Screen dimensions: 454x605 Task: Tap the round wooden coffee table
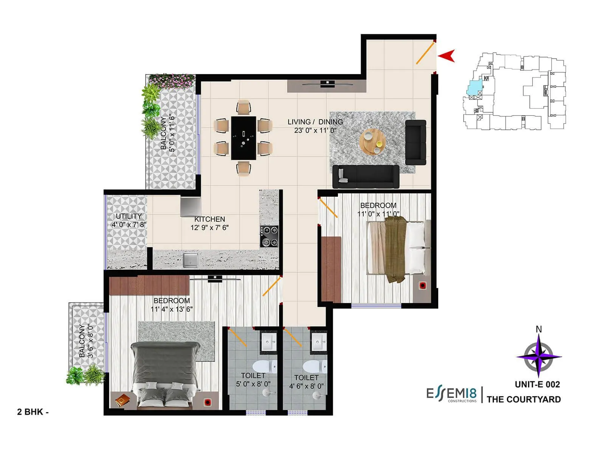coord(373,142)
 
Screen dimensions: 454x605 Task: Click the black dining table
coord(244,138)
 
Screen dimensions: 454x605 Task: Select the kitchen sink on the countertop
coord(190,260)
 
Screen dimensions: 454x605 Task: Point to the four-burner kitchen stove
coord(269,236)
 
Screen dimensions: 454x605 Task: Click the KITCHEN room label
coord(209,219)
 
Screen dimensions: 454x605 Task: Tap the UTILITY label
coord(129,216)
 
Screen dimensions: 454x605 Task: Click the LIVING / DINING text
coord(315,122)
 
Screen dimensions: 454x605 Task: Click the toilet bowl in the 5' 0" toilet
coord(260,367)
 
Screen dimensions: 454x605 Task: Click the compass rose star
coord(538,356)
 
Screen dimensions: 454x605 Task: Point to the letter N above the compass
coord(539,329)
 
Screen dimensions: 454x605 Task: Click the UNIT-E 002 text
coord(537,384)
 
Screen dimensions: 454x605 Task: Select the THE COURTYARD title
coord(524,399)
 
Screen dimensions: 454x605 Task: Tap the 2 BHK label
coord(33,412)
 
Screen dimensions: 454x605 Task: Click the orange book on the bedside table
coord(122,400)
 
